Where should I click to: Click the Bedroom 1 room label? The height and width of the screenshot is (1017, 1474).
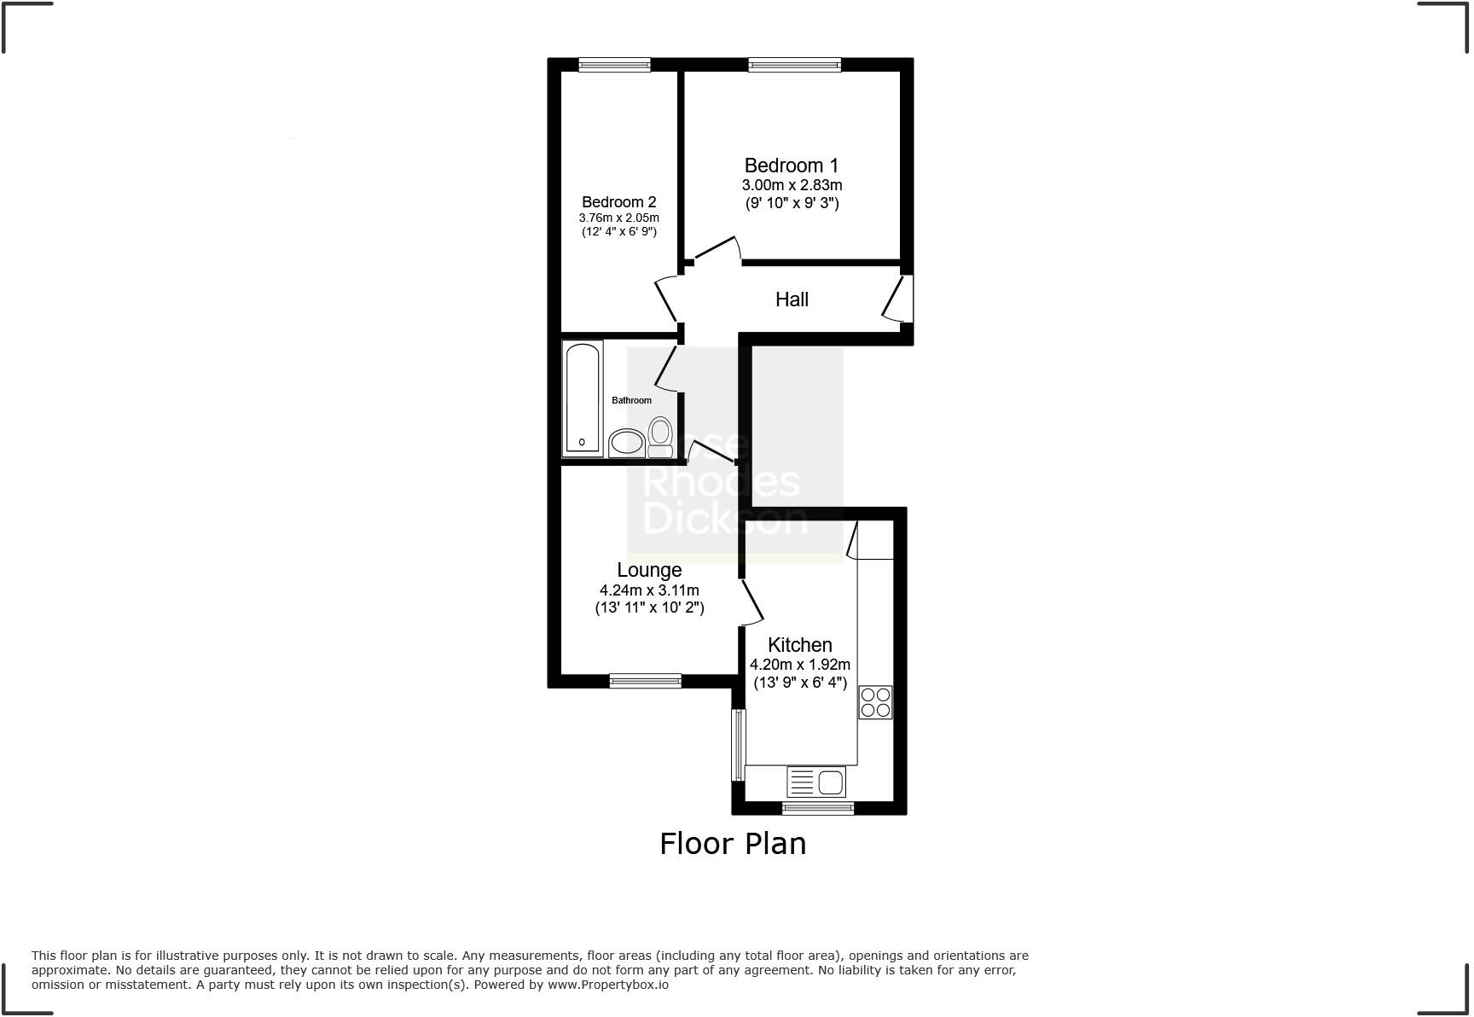[x=791, y=166]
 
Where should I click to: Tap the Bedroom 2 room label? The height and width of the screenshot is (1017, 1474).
[x=618, y=202]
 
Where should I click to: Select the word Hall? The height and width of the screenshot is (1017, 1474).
[x=792, y=299]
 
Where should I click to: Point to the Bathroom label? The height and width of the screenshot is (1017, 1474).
[x=631, y=400]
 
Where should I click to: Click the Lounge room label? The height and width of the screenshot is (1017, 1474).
[x=649, y=570]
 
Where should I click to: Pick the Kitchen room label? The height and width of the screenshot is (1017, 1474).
[x=799, y=645]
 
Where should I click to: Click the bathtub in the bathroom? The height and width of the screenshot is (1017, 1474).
[x=583, y=397]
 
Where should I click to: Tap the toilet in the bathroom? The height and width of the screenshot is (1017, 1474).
[x=659, y=437]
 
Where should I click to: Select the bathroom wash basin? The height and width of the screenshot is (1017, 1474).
[x=627, y=442]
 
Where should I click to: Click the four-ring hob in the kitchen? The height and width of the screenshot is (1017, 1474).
[x=875, y=702]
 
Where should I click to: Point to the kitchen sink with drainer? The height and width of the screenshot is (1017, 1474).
[x=815, y=782]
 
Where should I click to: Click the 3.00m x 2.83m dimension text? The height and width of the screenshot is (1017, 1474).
[x=792, y=185]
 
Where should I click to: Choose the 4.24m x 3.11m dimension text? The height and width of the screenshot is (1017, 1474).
[x=649, y=590]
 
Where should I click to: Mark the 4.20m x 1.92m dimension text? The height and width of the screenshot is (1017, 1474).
[x=799, y=665]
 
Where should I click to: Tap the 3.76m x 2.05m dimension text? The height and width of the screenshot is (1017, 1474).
[x=618, y=218]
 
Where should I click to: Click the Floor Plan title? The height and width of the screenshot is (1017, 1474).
[x=733, y=844]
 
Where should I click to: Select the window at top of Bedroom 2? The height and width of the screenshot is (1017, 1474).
[x=614, y=65]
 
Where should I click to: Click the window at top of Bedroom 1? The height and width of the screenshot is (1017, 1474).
[x=794, y=65]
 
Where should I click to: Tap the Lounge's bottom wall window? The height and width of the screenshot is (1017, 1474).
[x=645, y=681]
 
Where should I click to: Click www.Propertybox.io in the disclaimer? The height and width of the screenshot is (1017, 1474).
[x=607, y=985]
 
